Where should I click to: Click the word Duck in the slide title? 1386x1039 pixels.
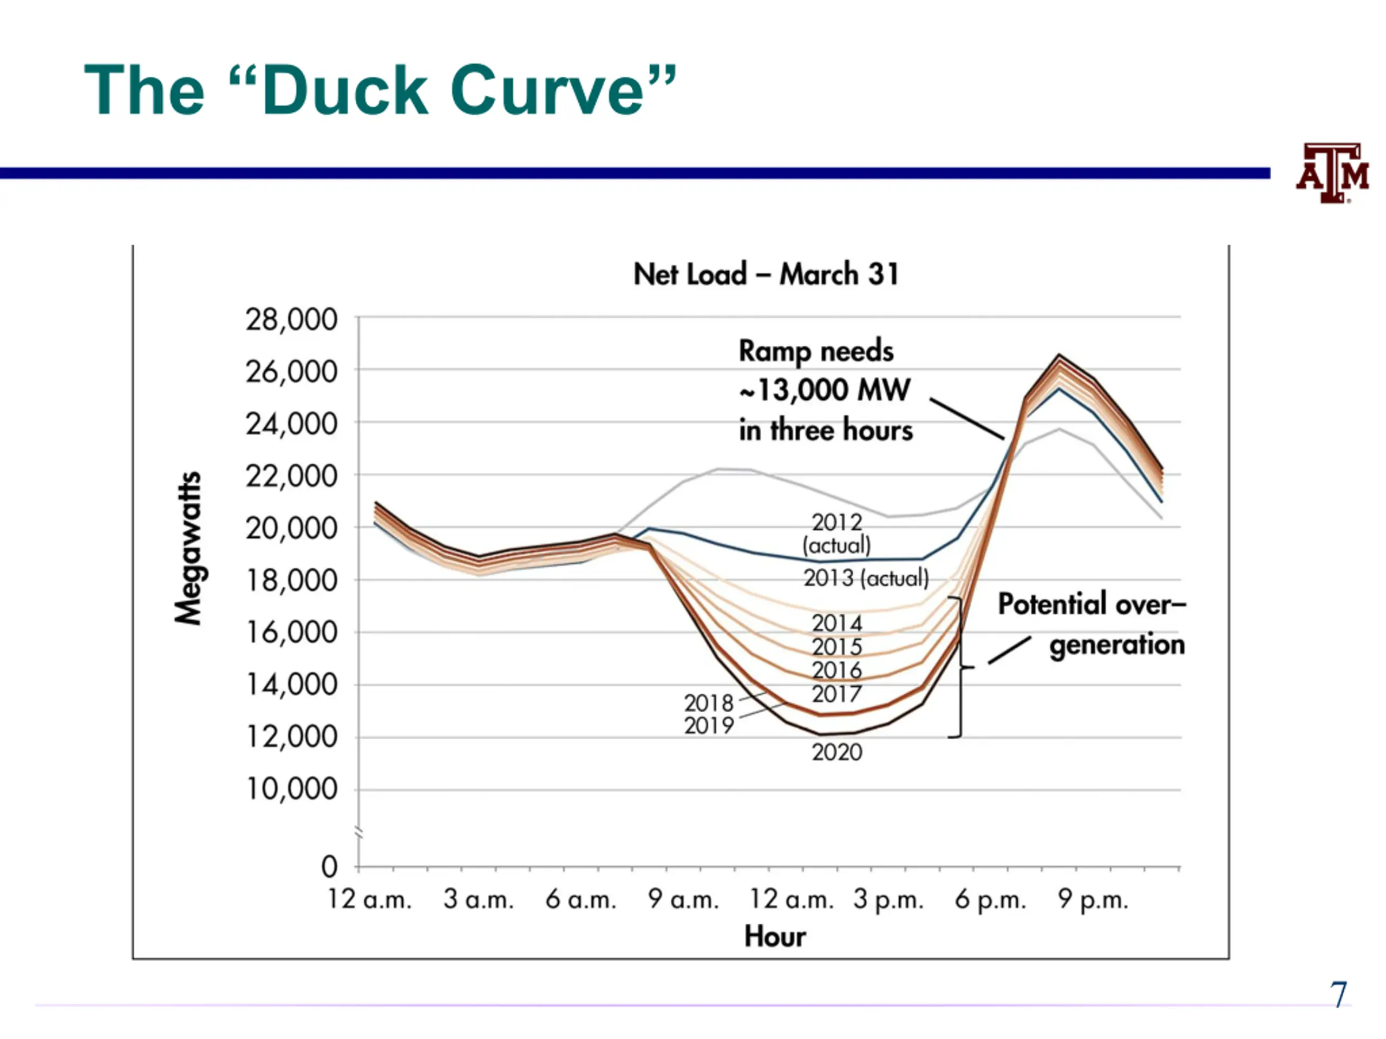pyautogui.click(x=345, y=90)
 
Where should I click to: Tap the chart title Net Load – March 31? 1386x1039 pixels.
pyautogui.click(x=766, y=274)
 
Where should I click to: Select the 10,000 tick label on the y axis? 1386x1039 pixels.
pyautogui.click(x=291, y=789)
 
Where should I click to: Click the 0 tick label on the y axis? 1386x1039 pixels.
pyautogui.click(x=330, y=867)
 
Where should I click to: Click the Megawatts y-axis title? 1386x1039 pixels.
pyautogui.click(x=188, y=548)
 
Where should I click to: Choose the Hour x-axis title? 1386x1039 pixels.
pyautogui.click(x=775, y=937)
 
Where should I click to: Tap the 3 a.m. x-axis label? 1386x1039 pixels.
pyautogui.click(x=479, y=900)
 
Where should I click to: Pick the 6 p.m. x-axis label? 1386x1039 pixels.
pyautogui.click(x=991, y=900)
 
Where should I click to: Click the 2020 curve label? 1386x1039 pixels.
pyautogui.click(x=837, y=752)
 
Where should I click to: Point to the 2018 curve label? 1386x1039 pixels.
pyautogui.click(x=709, y=703)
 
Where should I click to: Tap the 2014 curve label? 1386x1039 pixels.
pyautogui.click(x=837, y=623)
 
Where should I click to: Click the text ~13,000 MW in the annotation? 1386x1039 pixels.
pyautogui.click(x=825, y=390)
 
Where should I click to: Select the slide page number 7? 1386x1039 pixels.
pyautogui.click(x=1338, y=995)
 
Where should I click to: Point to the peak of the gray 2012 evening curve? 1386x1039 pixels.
pyautogui.click(x=1060, y=429)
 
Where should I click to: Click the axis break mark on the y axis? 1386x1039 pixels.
pyautogui.click(x=359, y=832)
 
